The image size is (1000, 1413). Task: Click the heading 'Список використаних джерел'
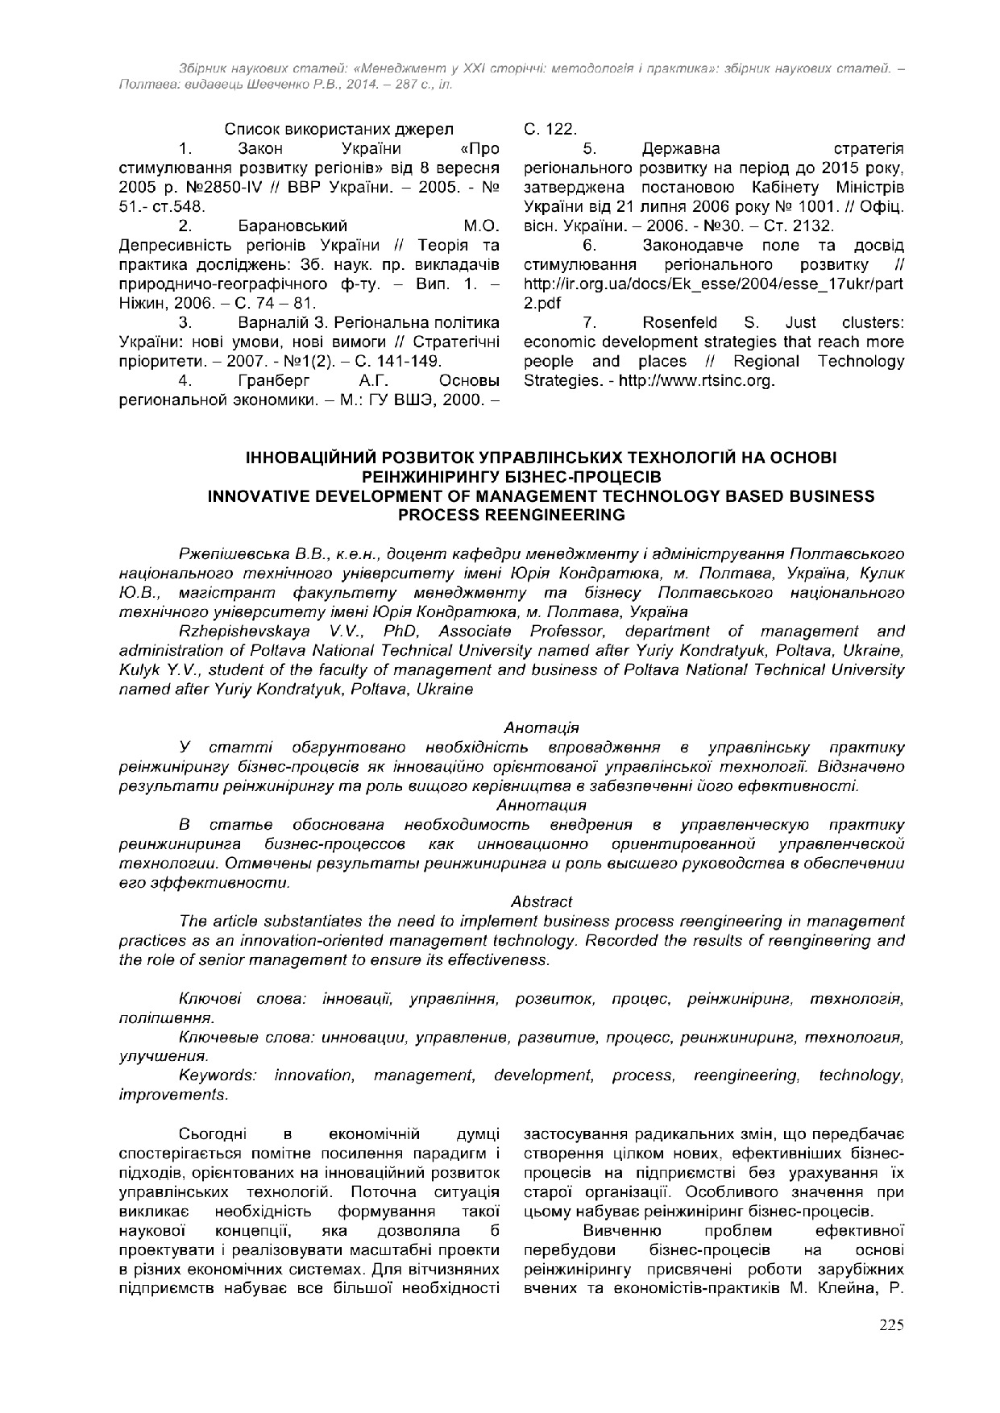pyautogui.click(x=338, y=130)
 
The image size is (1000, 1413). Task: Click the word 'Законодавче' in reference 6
pyautogui.click(x=683, y=245)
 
